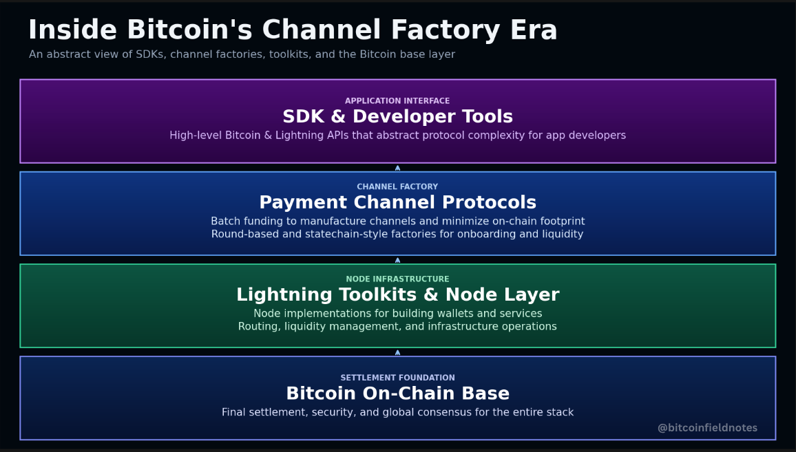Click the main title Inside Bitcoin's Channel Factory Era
293,31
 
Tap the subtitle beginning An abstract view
242,54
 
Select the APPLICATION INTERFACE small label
397,101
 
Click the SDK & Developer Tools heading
397,117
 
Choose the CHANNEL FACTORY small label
397,187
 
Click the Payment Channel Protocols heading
397,203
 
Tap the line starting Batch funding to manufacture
397,222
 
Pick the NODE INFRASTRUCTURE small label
397,279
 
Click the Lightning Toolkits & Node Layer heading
397,295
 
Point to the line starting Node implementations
397,314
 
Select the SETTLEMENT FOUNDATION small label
397,378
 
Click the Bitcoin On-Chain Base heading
397,394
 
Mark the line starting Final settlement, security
397,413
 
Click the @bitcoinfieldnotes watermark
707,428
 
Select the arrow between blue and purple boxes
397,167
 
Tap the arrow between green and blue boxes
397,259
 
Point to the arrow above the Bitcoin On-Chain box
397,352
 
